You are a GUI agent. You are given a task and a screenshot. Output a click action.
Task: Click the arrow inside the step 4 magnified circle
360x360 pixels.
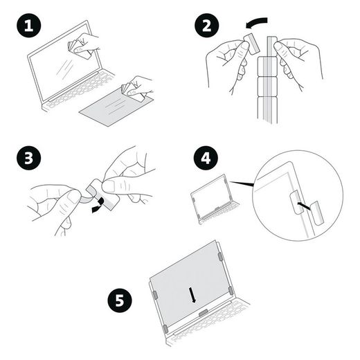tap(302, 206)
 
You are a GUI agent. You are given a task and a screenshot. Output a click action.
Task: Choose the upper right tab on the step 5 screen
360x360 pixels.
tap(220, 257)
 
